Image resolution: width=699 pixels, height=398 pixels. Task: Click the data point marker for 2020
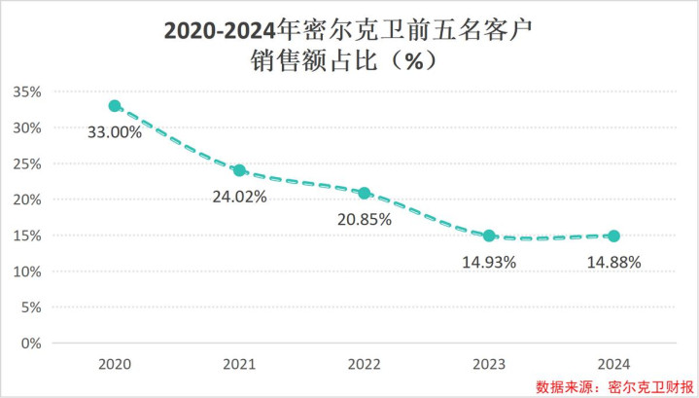point(115,106)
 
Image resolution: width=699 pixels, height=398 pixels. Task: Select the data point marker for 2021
point(239,170)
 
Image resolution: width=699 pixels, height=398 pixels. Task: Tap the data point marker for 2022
point(365,194)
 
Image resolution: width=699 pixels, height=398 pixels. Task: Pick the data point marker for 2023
point(489,235)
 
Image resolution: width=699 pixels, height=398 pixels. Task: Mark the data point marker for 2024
point(613,235)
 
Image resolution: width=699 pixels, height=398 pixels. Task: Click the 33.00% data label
point(116,132)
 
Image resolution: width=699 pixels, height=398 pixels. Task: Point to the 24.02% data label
point(239,197)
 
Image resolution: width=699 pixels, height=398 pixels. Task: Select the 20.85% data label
point(364,220)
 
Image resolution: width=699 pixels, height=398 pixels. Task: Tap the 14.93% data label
point(488,262)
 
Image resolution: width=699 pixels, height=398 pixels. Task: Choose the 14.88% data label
point(613,262)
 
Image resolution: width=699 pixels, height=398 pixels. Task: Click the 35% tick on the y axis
point(27,92)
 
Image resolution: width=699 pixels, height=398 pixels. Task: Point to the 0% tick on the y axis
point(31,344)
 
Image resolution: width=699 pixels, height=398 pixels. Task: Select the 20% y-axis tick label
point(27,199)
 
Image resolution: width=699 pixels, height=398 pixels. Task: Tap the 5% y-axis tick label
point(31,308)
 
